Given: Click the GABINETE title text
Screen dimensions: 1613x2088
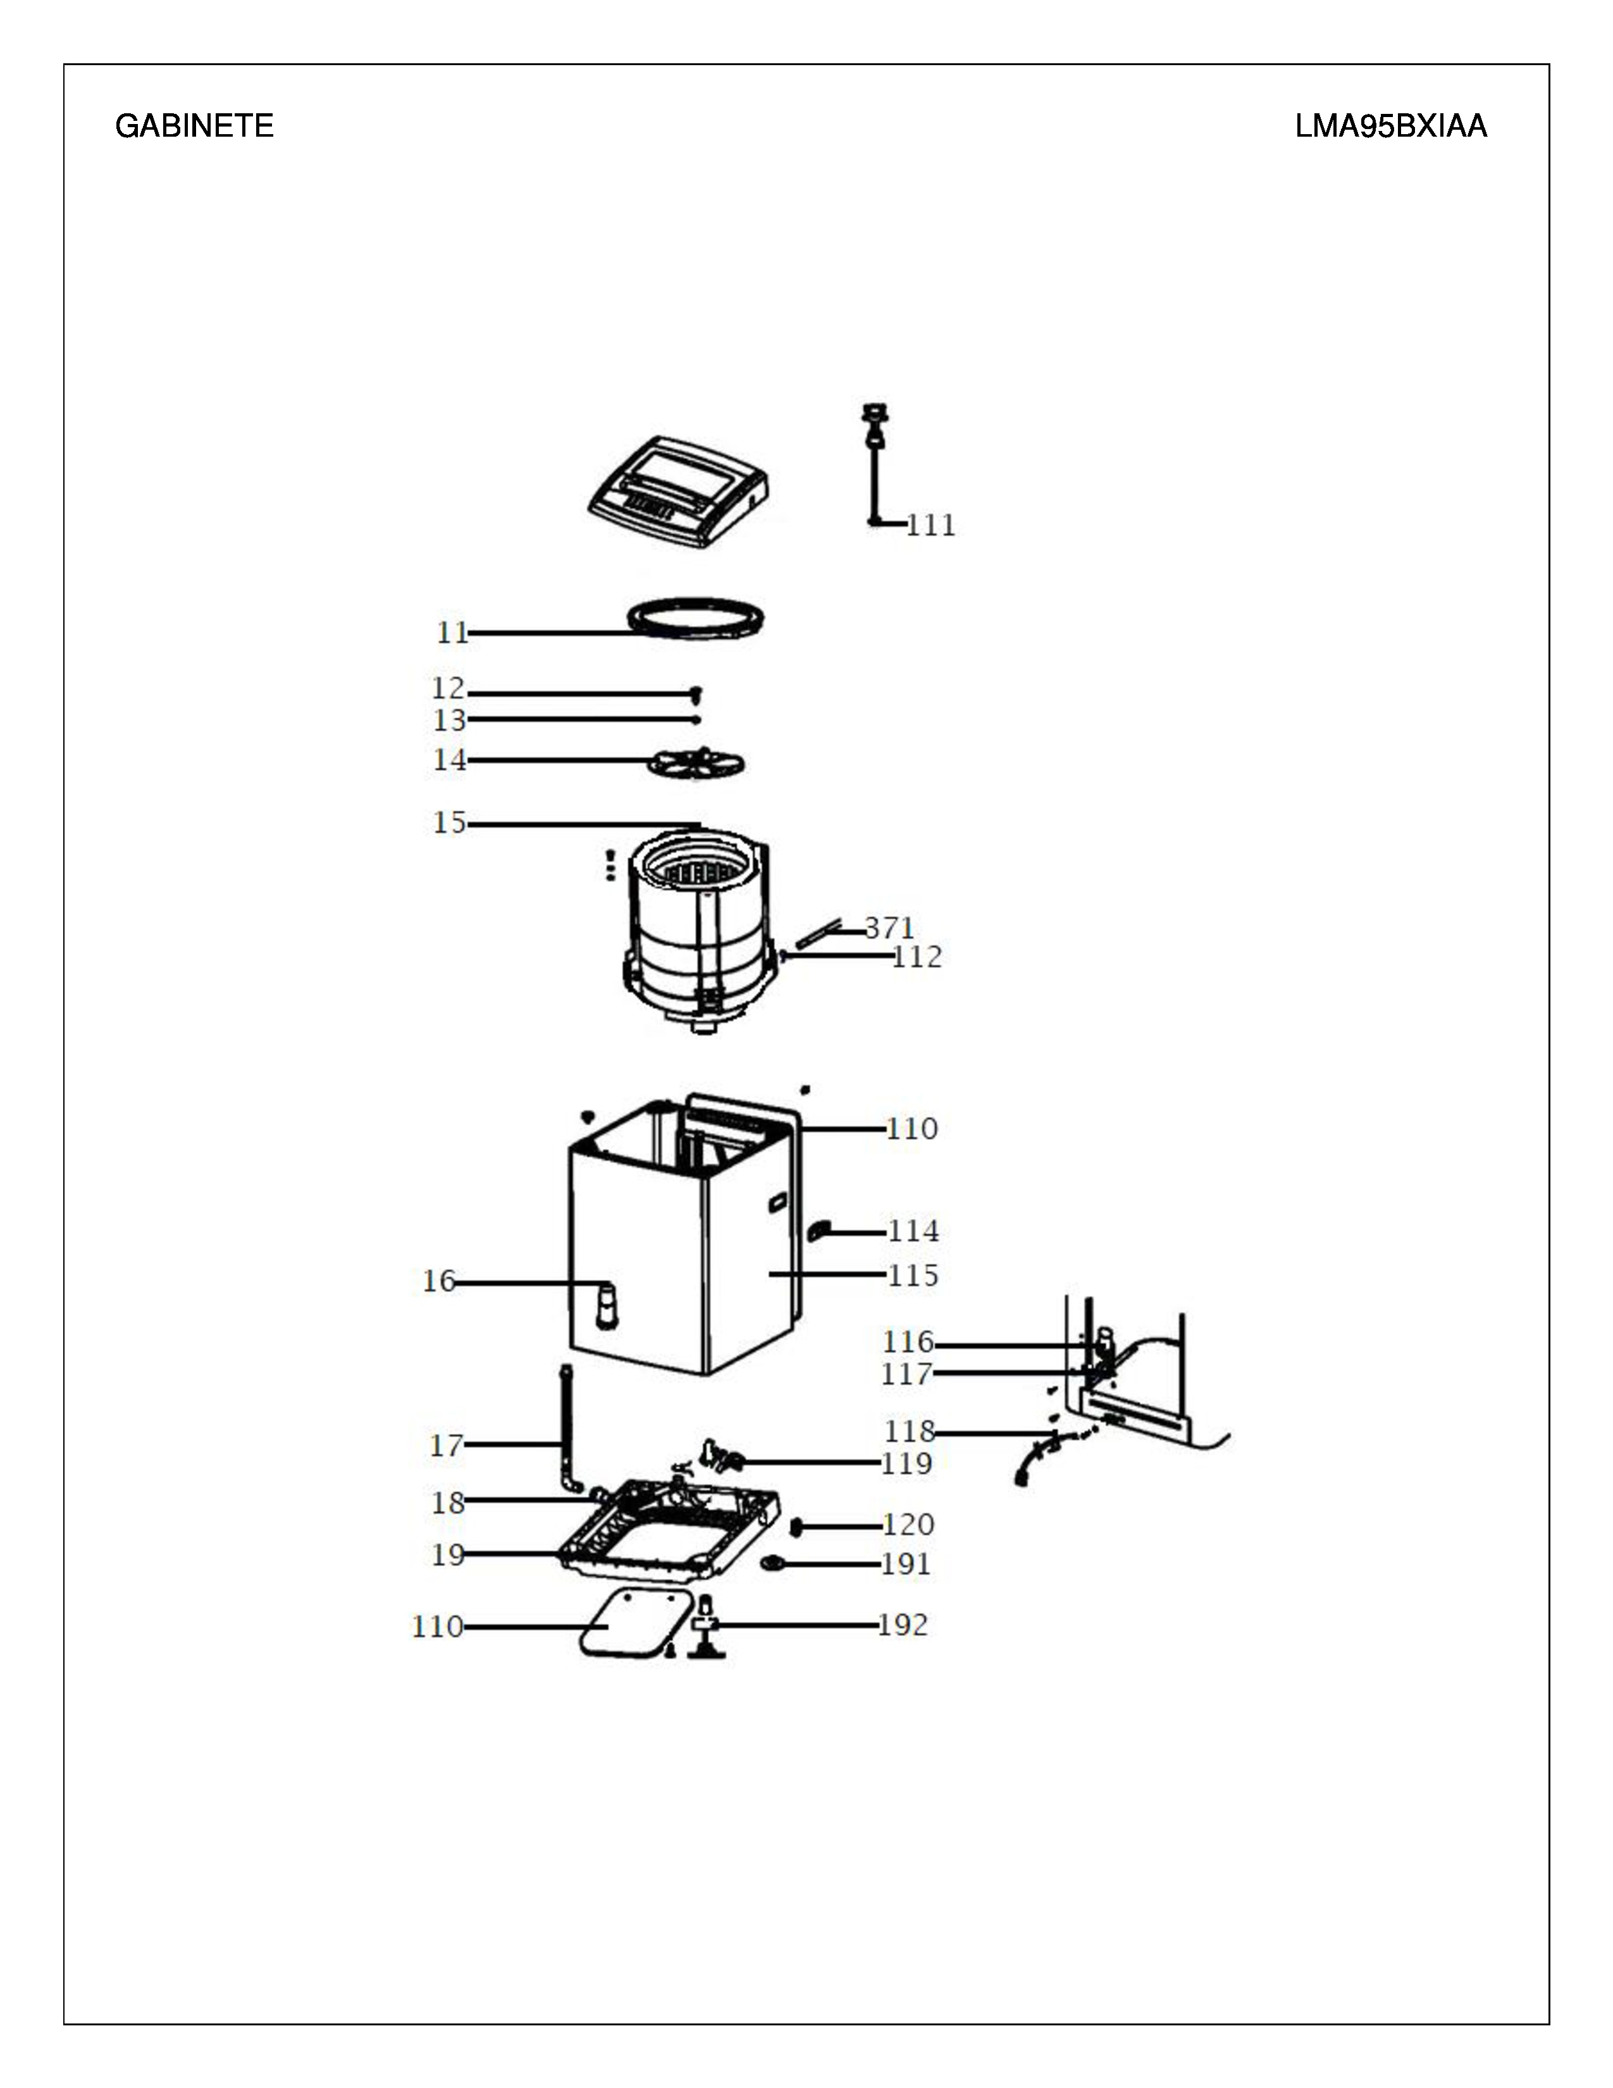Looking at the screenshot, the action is tap(194, 126).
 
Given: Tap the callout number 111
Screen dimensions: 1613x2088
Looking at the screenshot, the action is tap(930, 525).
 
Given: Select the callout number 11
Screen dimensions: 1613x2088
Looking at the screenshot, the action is tap(453, 633).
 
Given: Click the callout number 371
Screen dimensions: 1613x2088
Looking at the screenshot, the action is tap(889, 928).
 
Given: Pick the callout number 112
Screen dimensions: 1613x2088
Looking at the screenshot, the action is tap(917, 957).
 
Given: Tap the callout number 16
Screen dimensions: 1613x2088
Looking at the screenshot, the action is tap(440, 1281).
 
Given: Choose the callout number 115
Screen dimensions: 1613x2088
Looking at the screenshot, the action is tap(913, 1276).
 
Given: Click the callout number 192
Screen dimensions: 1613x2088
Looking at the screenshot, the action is tap(903, 1625).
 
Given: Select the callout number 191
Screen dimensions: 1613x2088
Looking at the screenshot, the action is tap(906, 1564).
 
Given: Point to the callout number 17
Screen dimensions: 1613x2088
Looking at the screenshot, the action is tap(446, 1446).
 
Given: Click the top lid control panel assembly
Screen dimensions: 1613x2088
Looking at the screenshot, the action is tap(679, 492).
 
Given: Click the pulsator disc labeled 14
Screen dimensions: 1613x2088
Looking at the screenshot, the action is tap(696, 764).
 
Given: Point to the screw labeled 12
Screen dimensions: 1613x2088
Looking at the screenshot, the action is tap(696, 692).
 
